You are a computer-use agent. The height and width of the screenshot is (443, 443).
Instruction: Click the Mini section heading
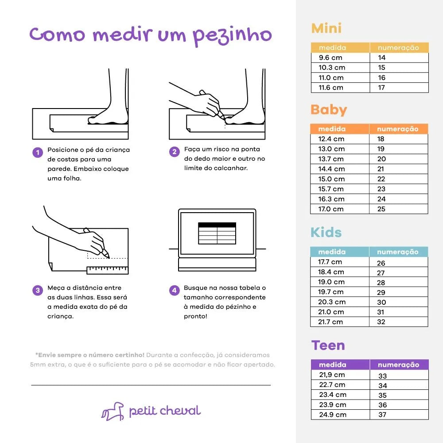[x=326, y=28]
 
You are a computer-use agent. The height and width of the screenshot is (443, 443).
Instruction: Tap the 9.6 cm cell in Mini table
[x=330, y=58]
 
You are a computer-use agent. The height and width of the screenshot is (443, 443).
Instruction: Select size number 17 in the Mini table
[x=382, y=88]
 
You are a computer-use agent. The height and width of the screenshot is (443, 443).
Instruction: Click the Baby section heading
[x=329, y=109]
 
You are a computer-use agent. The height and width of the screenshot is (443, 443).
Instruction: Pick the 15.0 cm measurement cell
[x=331, y=179]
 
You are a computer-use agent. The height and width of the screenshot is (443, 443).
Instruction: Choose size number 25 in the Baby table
[x=381, y=209]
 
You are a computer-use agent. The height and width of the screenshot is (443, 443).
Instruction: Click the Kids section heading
[x=326, y=233]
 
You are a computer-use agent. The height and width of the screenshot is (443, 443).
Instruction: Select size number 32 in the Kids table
[x=381, y=322]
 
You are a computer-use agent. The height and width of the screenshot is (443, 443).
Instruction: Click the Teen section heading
[x=328, y=346]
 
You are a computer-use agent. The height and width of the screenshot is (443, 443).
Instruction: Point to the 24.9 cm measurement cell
[x=333, y=415]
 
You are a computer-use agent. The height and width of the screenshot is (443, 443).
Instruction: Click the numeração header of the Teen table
[x=398, y=365]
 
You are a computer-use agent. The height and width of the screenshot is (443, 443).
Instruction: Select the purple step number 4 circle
[x=174, y=290]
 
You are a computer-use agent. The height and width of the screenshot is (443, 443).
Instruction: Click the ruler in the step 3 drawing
[x=107, y=270]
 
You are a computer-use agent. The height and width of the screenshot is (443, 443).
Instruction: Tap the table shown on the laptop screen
[x=217, y=233]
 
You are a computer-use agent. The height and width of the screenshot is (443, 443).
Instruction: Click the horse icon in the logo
[x=113, y=411]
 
